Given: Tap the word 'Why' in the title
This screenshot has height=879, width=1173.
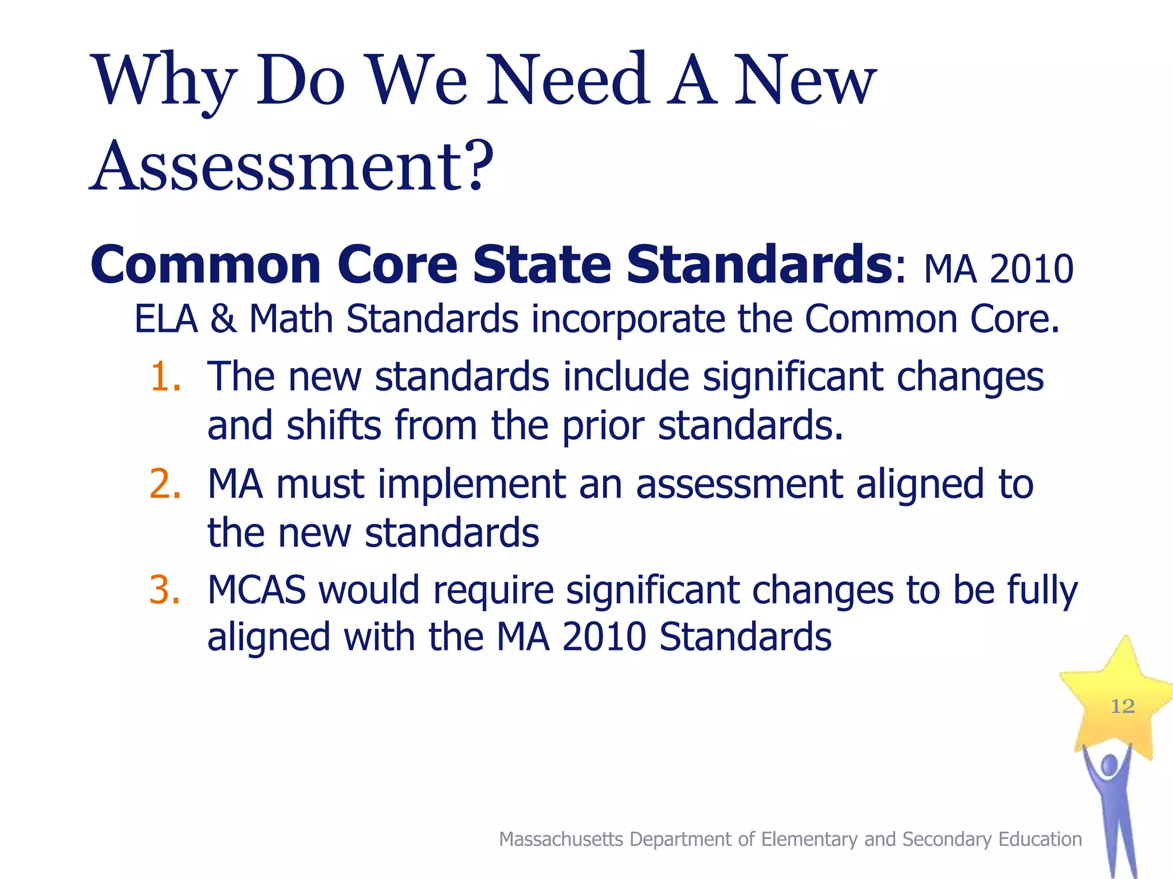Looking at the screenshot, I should pos(165,81).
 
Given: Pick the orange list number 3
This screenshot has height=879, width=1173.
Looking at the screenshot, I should pos(165,590).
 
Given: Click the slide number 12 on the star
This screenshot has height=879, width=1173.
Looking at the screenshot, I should pos(1123,706).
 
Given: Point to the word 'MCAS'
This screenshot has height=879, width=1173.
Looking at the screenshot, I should pos(256,590).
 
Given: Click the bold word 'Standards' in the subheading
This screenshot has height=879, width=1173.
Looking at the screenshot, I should pos(759,265).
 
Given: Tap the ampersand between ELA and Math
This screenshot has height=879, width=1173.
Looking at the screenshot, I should pos(223,319).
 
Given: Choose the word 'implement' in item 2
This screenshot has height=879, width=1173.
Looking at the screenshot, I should pos(471,484).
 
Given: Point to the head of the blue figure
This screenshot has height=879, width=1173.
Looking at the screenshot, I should pos(1109,765).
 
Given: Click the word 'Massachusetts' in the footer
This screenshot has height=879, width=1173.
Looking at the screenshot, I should pos(561,840).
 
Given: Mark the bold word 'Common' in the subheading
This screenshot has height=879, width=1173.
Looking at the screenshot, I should pos(206,265).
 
